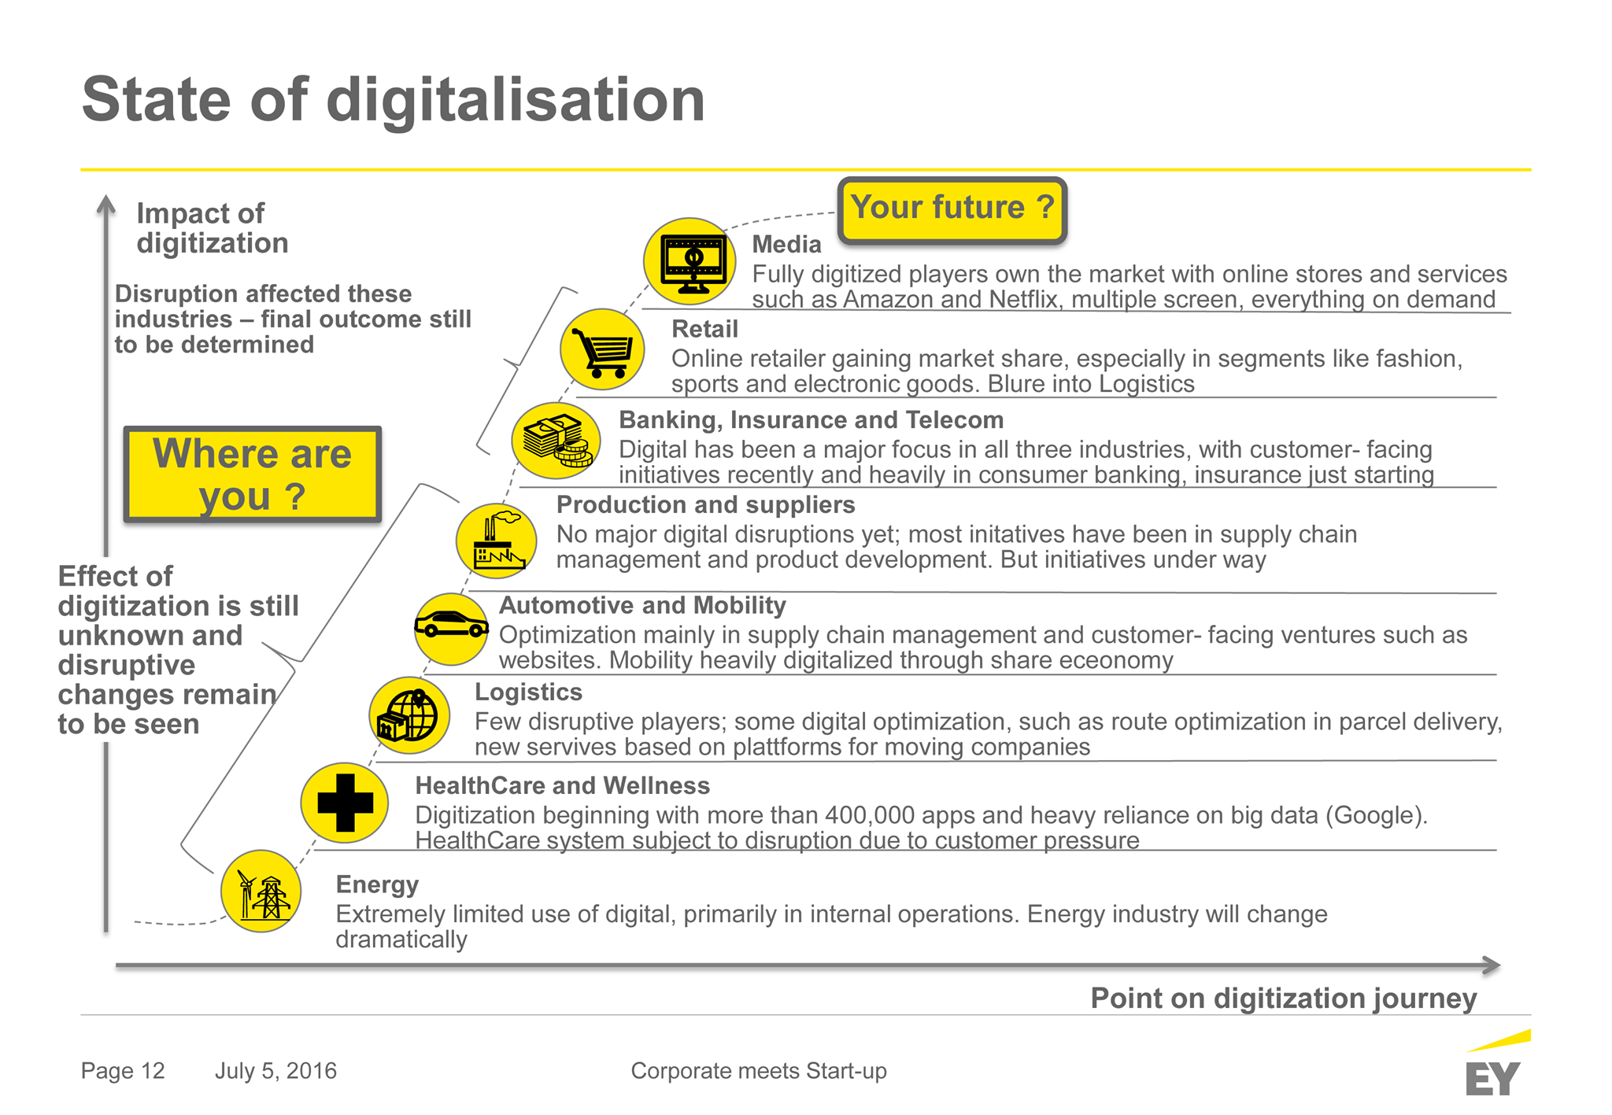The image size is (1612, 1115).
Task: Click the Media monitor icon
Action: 690,262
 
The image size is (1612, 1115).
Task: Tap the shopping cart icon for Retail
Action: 602,350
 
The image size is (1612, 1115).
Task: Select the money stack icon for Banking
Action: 556,441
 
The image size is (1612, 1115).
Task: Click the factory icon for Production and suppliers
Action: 497,541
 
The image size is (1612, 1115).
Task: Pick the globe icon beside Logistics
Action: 409,715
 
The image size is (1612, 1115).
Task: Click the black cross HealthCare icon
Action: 345,803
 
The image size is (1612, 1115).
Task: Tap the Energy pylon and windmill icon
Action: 261,892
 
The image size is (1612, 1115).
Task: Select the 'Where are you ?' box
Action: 253,474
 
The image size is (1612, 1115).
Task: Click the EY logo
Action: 1497,1064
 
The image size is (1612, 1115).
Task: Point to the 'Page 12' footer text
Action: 123,1071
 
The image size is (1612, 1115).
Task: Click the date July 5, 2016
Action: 275,1071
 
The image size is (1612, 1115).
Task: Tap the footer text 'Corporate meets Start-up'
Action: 759,1071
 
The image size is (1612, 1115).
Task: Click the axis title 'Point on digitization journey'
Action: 1284,999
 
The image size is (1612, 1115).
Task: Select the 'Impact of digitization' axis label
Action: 213,228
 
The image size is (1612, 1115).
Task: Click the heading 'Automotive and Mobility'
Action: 642,605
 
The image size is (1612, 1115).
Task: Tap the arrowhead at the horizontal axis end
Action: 1492,965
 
